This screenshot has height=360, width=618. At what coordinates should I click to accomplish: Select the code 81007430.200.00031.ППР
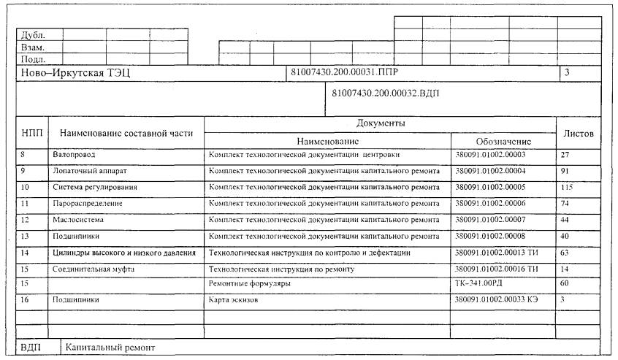click(x=344, y=72)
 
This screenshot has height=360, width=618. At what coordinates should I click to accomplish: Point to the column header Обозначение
click(x=503, y=140)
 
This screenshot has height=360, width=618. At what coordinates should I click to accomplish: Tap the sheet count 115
click(x=568, y=187)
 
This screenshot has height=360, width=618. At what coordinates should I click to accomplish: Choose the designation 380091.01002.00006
click(x=490, y=203)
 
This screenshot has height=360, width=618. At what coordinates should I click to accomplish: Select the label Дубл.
click(x=33, y=34)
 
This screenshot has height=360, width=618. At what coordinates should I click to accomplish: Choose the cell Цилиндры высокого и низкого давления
click(x=124, y=253)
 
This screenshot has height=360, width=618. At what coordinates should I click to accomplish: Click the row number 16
click(x=26, y=299)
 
